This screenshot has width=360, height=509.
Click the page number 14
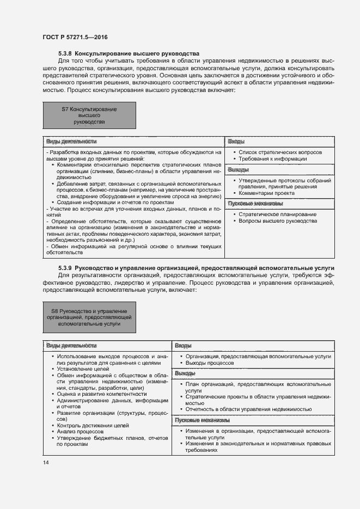tap(46, 462)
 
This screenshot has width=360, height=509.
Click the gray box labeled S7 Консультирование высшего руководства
tap(89, 116)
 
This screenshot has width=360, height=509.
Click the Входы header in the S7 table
tap(236, 141)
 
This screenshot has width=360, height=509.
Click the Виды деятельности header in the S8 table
tap(71, 346)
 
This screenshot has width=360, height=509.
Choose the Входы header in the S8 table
tap(182, 346)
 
